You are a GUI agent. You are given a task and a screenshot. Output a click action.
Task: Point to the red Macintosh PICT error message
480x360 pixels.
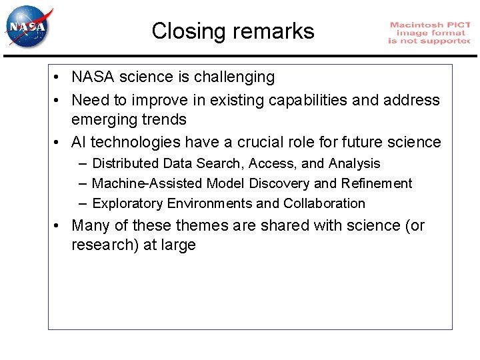coord(429,33)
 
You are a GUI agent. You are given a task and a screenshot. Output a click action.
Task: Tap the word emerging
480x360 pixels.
coord(102,120)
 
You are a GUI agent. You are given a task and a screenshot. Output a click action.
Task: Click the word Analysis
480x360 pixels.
coord(354,163)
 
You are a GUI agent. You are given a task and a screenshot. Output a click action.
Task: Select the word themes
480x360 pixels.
coord(203,226)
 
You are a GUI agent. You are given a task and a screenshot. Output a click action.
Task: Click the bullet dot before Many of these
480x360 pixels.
coord(59,226)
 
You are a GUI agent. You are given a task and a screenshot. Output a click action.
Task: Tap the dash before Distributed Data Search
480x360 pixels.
coord(82,163)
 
